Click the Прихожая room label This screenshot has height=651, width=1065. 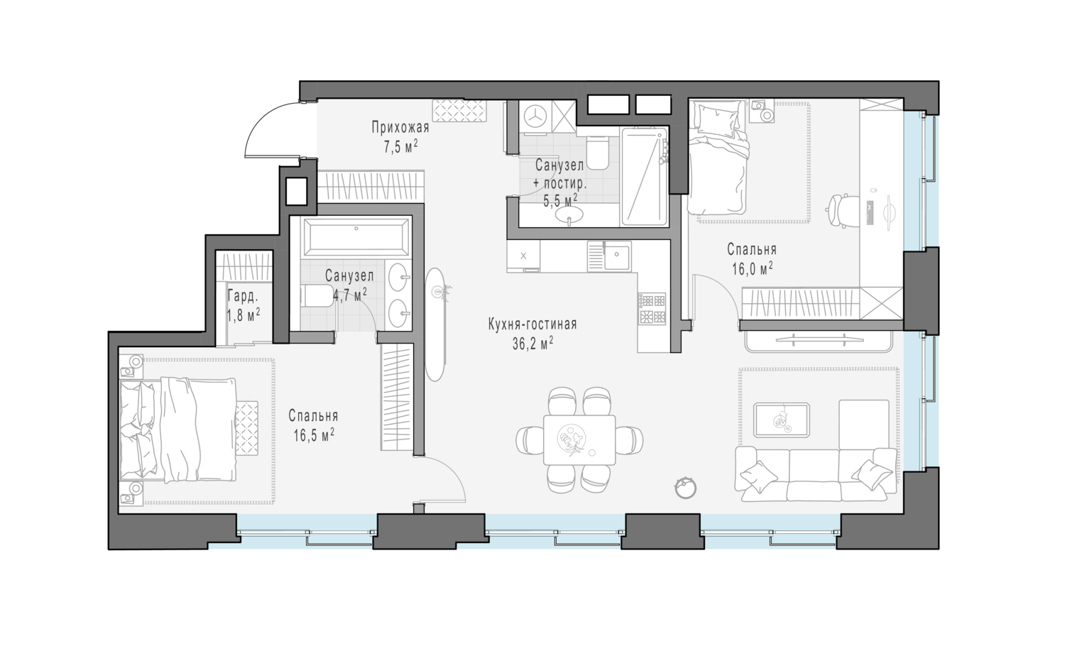coord(400,127)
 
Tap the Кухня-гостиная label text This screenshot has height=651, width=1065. coord(532,324)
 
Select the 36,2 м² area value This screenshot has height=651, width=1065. coord(532,343)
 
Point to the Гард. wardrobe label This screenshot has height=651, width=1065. coord(243,297)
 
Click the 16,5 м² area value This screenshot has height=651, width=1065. coord(313,434)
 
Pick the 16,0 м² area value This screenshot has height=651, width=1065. coord(752,268)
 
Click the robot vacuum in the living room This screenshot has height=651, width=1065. coord(686,488)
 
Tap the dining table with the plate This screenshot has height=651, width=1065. coord(579,440)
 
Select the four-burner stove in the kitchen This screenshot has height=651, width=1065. coord(652,307)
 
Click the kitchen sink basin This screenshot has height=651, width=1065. coord(617,256)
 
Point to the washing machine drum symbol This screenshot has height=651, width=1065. coord(536,116)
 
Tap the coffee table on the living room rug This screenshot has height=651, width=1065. coord(782,420)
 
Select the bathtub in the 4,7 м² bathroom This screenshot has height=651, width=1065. coord(356,237)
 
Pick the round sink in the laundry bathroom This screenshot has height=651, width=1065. coord(569,214)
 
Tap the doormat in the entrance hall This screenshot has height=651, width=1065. coord(459,111)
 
